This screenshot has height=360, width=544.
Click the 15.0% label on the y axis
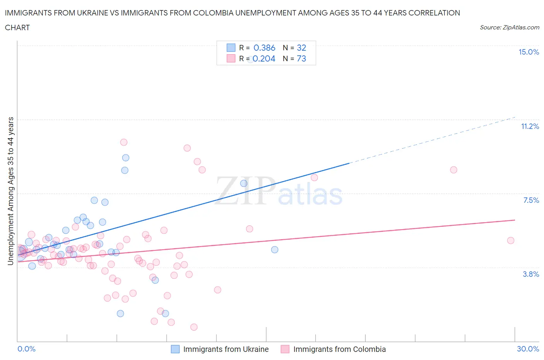tap(529, 52)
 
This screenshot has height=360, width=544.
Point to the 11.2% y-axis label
tap(530, 127)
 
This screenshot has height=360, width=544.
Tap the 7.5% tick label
tap(531, 200)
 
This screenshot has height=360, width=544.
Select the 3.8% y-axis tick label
tap(531, 274)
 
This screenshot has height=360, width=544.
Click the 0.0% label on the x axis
tap(26, 349)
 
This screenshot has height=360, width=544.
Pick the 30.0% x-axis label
tap(528, 349)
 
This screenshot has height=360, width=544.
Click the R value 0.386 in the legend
tap(264, 48)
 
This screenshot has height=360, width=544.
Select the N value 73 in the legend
tap(301, 59)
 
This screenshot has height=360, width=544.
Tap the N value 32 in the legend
tap(301, 48)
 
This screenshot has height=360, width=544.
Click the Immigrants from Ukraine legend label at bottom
tap(226, 349)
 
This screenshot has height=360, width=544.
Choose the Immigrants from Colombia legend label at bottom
tap(339, 349)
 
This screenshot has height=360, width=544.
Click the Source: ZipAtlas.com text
tap(509, 27)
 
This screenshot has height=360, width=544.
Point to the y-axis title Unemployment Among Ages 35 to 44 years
tap(11, 191)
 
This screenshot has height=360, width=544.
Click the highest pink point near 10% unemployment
tap(124, 142)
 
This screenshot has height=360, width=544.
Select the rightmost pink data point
tap(510, 240)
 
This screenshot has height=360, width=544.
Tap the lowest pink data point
tap(194, 327)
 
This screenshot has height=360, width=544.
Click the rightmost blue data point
tap(275, 250)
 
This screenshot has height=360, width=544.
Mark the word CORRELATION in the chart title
tap(429, 13)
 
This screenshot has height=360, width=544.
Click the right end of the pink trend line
tap(514, 220)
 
